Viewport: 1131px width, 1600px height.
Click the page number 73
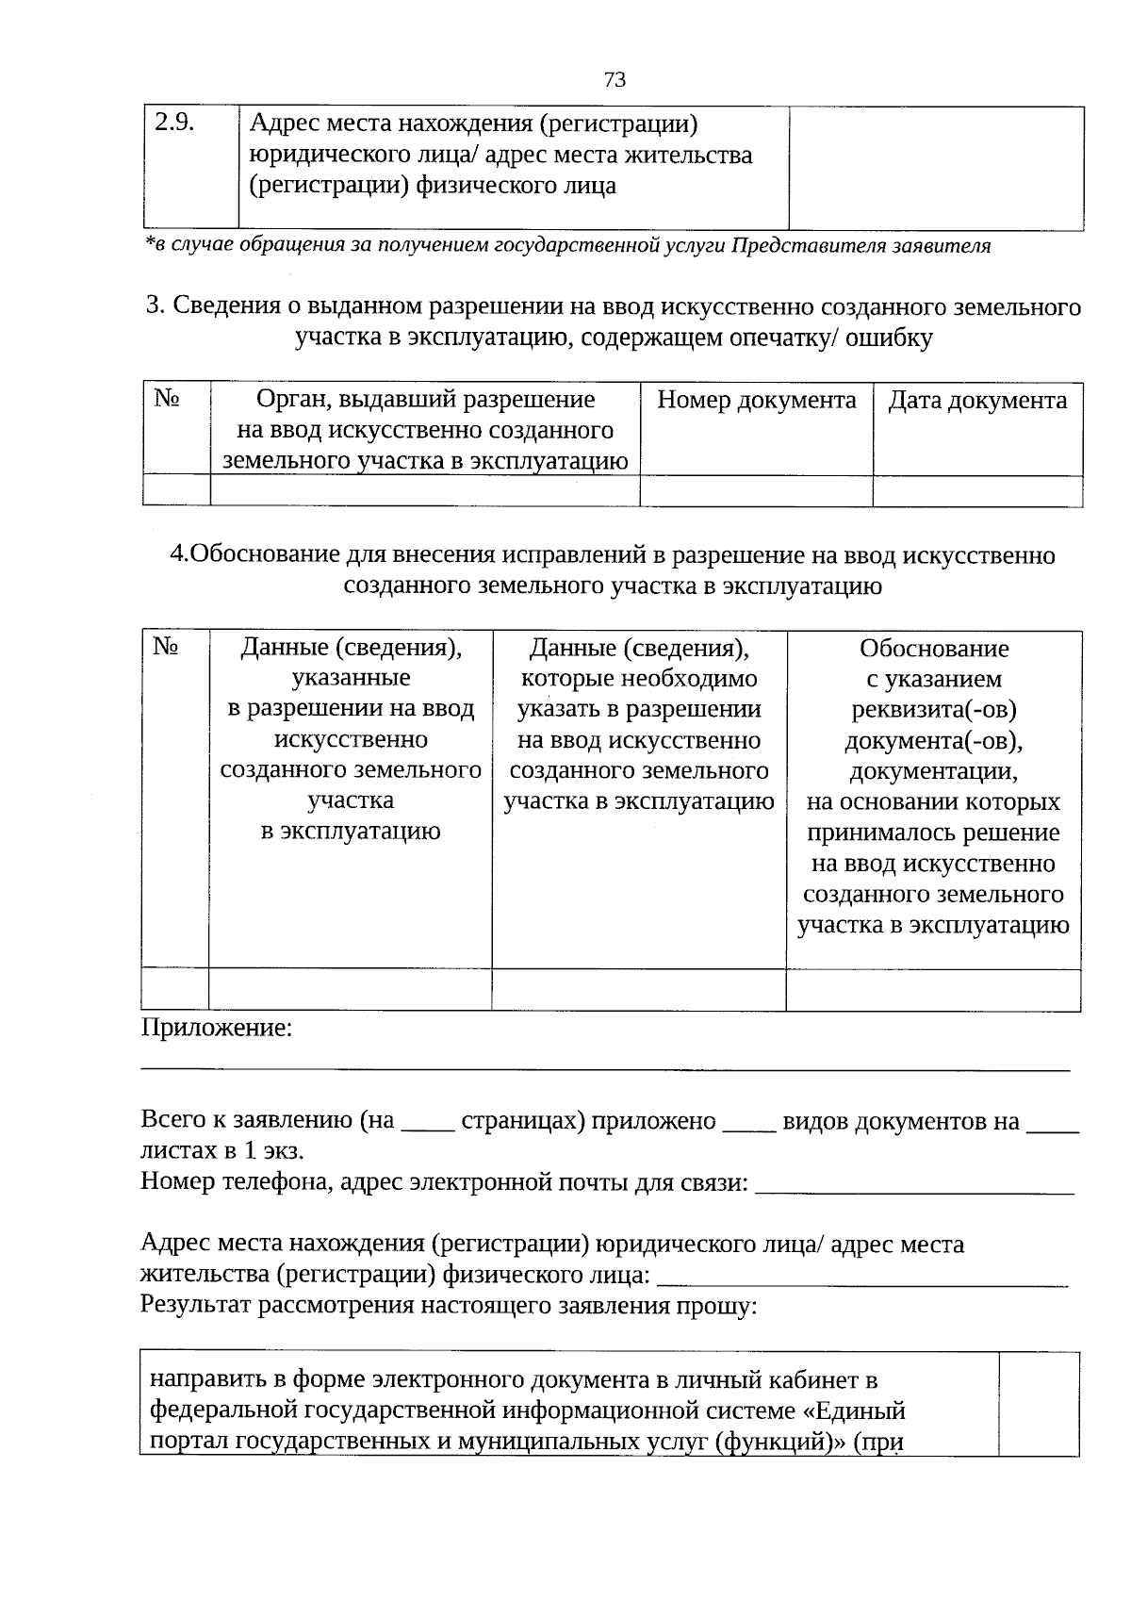614,79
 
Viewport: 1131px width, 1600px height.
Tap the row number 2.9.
173,124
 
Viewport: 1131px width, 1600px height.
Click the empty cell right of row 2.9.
935,168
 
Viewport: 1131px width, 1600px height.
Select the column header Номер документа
756,401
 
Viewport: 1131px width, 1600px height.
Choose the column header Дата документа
977,401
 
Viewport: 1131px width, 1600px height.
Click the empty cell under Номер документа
756,491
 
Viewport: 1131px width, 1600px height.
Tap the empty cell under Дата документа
977,491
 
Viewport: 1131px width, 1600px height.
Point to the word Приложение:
217,1028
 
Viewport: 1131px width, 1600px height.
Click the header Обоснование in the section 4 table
933,649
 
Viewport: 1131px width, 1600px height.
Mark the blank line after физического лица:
861,1279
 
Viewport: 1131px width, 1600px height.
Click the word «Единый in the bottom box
860,1411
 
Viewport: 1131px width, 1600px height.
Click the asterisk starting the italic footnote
148,244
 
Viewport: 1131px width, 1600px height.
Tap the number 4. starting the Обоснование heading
179,556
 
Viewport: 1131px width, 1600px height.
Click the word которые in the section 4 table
562,679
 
